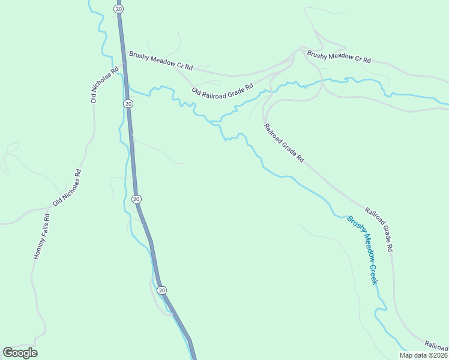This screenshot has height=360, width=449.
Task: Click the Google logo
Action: [x=20, y=353]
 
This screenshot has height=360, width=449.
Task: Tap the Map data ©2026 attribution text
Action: [x=424, y=355]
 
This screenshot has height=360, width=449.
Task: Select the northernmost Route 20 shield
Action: [x=119, y=9]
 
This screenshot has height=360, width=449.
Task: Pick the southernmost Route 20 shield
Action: [x=161, y=290]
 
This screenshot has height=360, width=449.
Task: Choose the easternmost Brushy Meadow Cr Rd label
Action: [x=339, y=58]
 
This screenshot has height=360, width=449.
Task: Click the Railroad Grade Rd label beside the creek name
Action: [x=379, y=230]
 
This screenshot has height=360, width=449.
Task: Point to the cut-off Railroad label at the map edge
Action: [x=436, y=345]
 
